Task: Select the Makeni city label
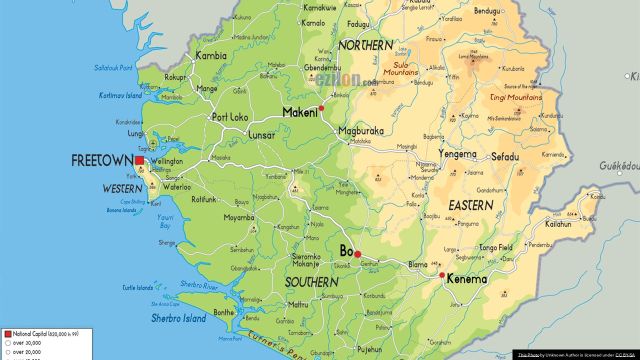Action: pos(300,112)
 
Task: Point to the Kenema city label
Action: pos(466,279)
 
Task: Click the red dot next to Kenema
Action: pos(441,275)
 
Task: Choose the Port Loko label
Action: pos(231,116)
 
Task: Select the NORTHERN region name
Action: pos(367,46)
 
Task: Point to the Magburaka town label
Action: pos(361,130)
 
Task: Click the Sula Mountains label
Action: pos(400,67)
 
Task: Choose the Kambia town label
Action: pos(213,57)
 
